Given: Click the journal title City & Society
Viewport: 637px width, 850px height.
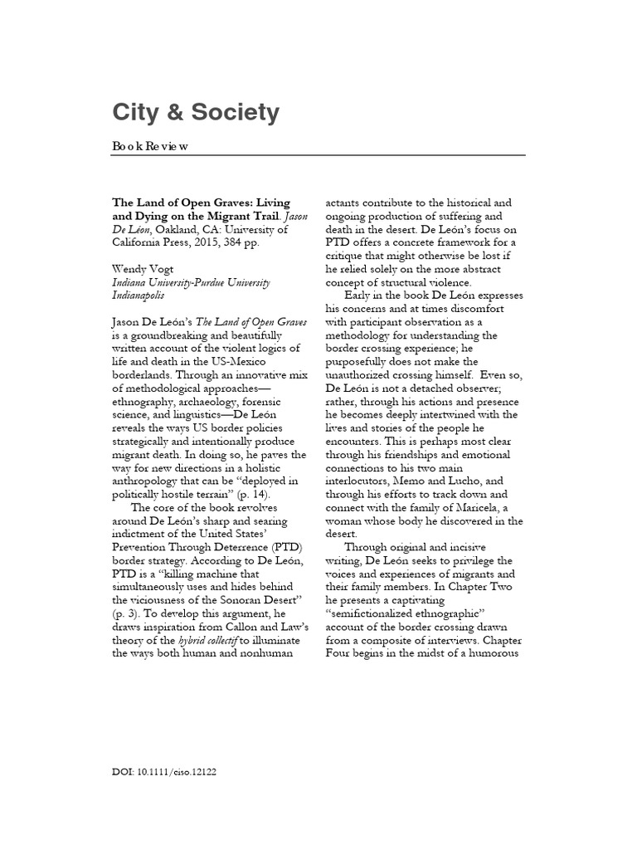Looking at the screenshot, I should coord(196,113).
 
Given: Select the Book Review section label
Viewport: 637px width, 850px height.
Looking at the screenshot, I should coord(151,146).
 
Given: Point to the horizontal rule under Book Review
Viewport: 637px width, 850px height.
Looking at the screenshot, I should coord(318,155).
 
